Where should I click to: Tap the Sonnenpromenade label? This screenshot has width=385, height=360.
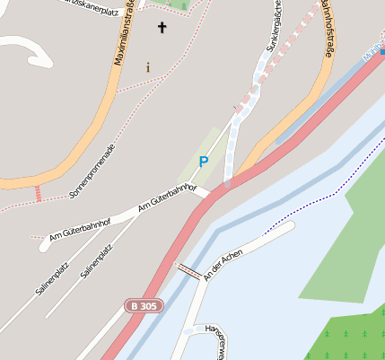pyautogui.click(x=92, y=171)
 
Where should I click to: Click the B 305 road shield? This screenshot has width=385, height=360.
pyautogui.click(x=144, y=306)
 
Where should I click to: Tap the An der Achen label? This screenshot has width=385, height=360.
pyautogui.click(x=223, y=261)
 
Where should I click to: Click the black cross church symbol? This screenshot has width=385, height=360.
pyautogui.click(x=162, y=28)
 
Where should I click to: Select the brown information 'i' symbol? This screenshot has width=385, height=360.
pyautogui.click(x=148, y=67)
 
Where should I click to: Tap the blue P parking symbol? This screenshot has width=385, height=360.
pyautogui.click(x=204, y=162)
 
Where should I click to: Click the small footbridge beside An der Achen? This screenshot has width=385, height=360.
pyautogui.click(x=188, y=269)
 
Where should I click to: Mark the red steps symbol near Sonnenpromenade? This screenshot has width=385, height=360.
pyautogui.click(x=38, y=193)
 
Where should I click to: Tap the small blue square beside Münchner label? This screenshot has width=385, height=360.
pyautogui.click(x=382, y=52)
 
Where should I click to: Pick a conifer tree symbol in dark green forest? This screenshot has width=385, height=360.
pyautogui.click(x=354, y=337)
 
